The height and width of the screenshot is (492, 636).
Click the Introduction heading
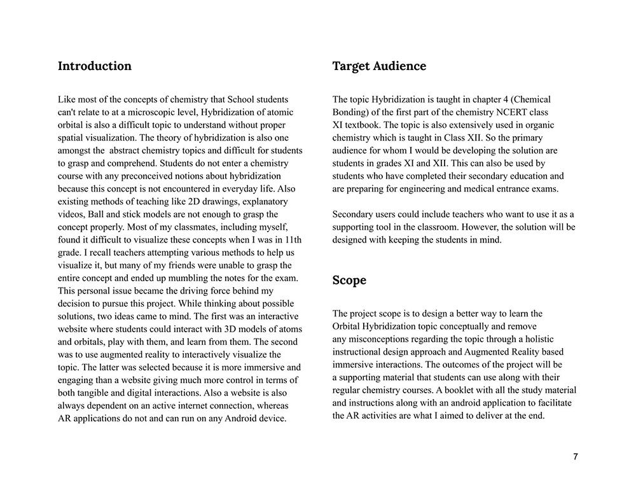point(95,66)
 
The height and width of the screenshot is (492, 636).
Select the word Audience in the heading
point(399,66)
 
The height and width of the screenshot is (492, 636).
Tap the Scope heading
point(349,281)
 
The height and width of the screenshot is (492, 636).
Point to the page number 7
point(576,457)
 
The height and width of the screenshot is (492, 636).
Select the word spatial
point(73,137)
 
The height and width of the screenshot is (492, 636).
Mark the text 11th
point(292,240)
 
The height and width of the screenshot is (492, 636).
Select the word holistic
point(535,339)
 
